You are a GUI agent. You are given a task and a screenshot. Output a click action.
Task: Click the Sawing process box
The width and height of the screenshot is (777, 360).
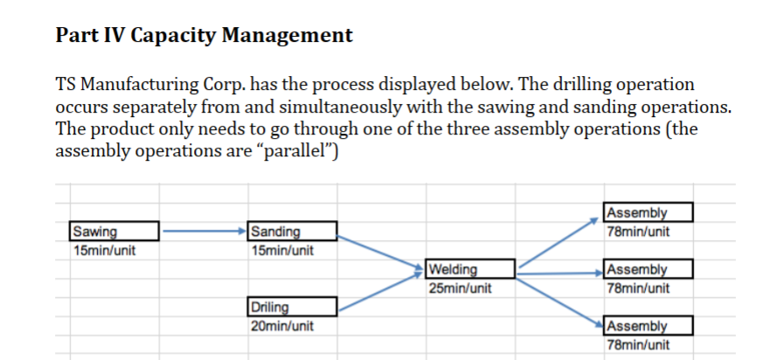pos(114,232)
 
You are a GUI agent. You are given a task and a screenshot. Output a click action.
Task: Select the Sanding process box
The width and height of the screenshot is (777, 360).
pos(292,232)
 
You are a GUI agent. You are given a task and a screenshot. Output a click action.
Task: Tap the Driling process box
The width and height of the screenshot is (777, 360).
pos(292,307)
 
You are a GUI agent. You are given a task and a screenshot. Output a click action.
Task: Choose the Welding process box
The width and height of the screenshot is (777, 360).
pos(471,269)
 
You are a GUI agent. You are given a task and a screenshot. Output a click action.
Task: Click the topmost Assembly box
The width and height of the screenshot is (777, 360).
pos(649,212)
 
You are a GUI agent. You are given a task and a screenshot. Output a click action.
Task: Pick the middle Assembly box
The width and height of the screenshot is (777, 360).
pos(649,269)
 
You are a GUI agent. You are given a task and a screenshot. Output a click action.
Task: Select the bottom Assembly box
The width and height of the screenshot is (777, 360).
pos(649,326)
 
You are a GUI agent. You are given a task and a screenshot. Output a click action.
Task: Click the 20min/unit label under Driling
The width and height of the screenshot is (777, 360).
pos(281,326)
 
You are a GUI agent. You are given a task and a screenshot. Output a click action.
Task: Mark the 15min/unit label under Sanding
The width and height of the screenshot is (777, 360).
pos(281,251)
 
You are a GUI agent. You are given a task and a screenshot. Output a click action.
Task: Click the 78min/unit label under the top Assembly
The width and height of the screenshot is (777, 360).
pos(637,232)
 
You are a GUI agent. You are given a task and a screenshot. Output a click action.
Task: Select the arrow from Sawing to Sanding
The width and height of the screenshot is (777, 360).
pos(204,232)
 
